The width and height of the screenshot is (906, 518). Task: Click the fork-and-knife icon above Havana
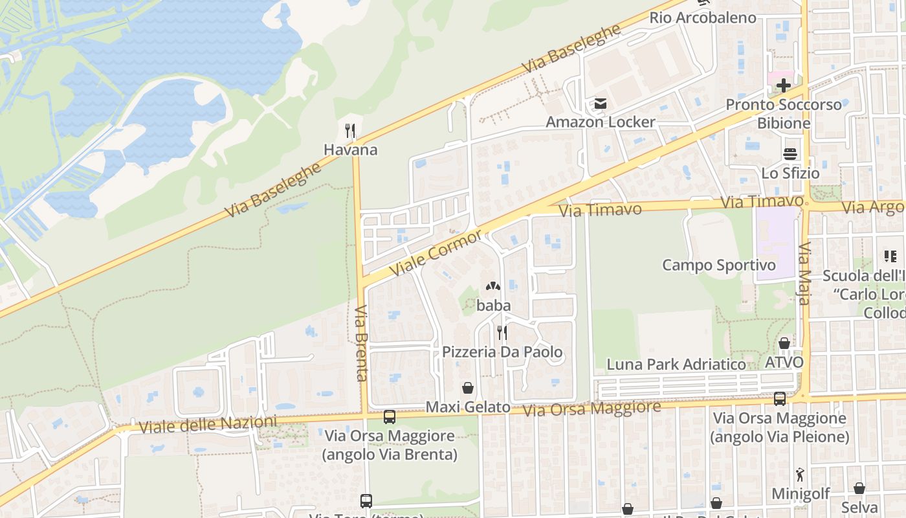[x=350, y=131]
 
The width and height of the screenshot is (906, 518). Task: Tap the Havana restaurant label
[x=350, y=150]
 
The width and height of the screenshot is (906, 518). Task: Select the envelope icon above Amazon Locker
[x=601, y=104]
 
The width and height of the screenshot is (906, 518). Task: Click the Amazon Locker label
[x=601, y=122]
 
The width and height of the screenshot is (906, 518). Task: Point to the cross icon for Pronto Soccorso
[x=784, y=85]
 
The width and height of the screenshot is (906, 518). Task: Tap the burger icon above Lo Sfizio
[x=790, y=154]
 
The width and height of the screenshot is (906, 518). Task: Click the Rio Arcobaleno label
[x=703, y=17]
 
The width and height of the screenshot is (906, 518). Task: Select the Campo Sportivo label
[x=718, y=265]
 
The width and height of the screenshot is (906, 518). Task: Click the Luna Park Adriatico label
[x=676, y=365]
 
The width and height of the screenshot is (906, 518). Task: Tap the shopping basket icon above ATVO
[x=784, y=343]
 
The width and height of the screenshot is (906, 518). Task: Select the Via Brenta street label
[x=361, y=343]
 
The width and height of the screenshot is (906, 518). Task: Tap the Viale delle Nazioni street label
[x=207, y=425]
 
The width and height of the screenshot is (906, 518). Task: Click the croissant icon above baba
[x=493, y=286]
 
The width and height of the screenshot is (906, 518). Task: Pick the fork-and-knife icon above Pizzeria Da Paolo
[x=502, y=333]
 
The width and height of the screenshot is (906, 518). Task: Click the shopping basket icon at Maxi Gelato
[x=468, y=388]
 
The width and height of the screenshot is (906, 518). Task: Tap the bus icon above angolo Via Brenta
[x=390, y=417]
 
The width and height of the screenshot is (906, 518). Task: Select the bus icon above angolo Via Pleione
[x=779, y=399]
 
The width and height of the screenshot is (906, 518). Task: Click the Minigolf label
[x=801, y=494]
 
